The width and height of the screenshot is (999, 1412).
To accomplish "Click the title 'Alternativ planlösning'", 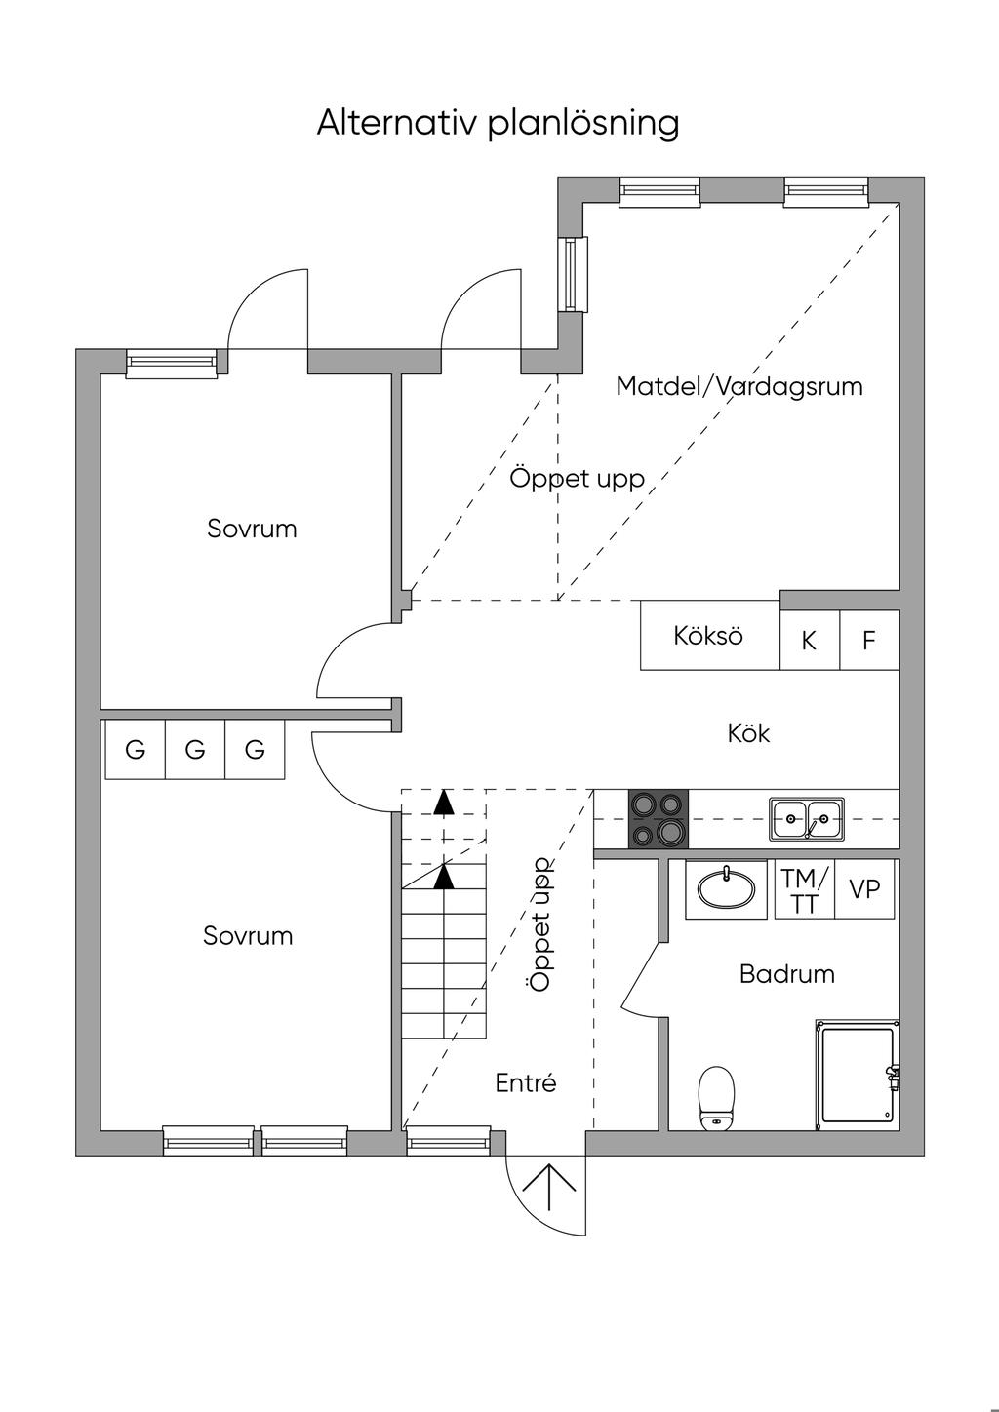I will click(498, 124).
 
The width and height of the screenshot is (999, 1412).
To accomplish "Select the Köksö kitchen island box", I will click(709, 636).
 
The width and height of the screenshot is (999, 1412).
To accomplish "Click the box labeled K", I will click(809, 641).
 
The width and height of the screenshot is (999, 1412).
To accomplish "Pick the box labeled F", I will click(868, 641).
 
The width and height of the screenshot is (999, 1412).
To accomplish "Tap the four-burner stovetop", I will click(659, 819).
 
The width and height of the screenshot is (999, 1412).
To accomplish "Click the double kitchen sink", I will click(807, 818).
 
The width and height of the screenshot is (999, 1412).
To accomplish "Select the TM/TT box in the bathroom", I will click(805, 890).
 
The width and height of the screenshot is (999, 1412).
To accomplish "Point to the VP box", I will click(864, 889).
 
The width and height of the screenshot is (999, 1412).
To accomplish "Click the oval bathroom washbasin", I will click(725, 888).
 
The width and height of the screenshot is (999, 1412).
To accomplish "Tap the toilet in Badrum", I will click(716, 1098).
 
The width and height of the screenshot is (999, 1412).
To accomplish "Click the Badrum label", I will click(786, 974).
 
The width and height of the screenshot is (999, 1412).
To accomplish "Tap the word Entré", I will click(526, 1082).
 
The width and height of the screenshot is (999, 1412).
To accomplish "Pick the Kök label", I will click(748, 733).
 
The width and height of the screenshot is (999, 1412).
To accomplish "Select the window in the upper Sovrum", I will click(172, 364).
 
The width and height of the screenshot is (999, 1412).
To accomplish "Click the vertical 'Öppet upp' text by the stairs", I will click(540, 924).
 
